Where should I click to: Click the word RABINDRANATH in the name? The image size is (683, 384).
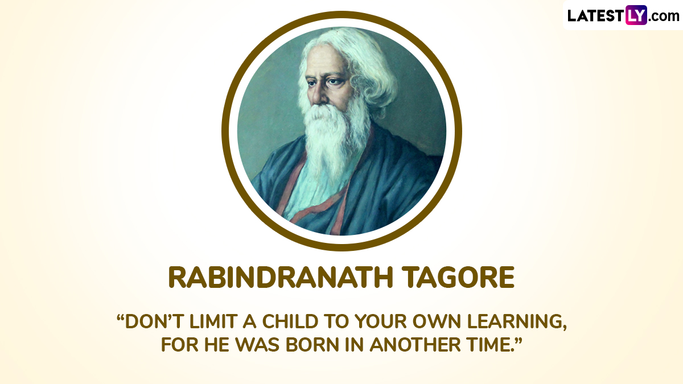[281, 278]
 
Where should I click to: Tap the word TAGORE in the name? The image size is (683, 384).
[458, 278]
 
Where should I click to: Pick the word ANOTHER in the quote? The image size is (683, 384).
[415, 345]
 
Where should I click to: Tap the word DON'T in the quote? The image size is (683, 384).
[154, 321]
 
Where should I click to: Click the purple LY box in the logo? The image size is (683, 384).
[636, 15]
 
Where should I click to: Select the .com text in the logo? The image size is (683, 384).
[664, 16]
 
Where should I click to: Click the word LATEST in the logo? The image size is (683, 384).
[596, 16]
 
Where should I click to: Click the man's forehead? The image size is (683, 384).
[325, 61]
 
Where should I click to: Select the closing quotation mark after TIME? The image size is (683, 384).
[518, 340]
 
